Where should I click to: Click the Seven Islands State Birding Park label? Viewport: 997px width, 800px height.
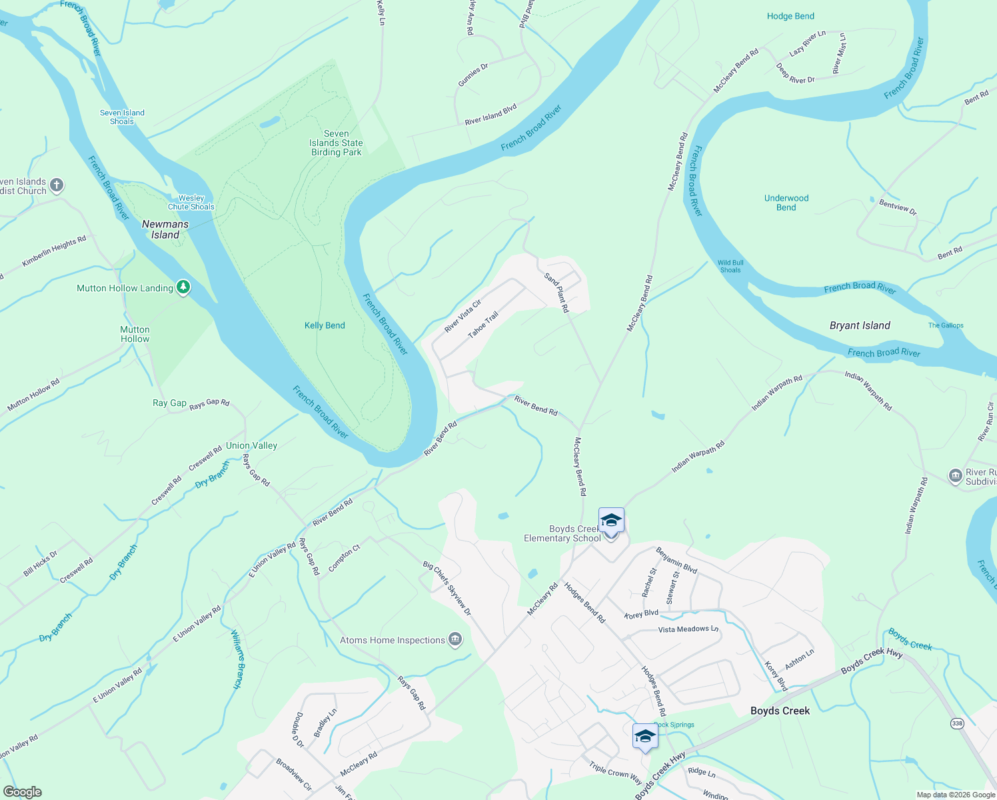click(x=337, y=143)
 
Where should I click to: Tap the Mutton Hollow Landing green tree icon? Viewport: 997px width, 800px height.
click(x=183, y=287)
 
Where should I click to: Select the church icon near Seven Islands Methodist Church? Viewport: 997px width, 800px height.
click(x=57, y=185)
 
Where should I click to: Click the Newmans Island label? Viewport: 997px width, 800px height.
click(x=165, y=229)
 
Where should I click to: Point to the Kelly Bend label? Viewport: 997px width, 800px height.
click(x=325, y=325)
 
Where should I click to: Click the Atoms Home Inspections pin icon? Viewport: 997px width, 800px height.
click(x=456, y=639)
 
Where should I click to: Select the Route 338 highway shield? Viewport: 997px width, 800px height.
click(x=958, y=723)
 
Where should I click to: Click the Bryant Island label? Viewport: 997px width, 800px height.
click(x=860, y=325)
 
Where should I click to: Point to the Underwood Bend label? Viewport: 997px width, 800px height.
click(x=786, y=203)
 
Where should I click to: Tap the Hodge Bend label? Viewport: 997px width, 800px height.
click(x=790, y=16)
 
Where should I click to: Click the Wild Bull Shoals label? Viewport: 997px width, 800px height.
click(x=730, y=266)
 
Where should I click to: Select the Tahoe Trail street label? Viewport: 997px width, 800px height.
click(x=483, y=324)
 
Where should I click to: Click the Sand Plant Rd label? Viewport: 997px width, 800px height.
click(x=556, y=293)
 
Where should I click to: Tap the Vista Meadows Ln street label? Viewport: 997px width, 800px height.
click(x=688, y=629)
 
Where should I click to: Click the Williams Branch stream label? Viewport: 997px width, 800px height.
click(x=238, y=659)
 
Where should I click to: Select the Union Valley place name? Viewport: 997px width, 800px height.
click(x=251, y=445)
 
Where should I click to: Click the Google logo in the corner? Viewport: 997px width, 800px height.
click(x=23, y=791)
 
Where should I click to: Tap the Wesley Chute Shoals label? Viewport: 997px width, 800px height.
click(x=191, y=202)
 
